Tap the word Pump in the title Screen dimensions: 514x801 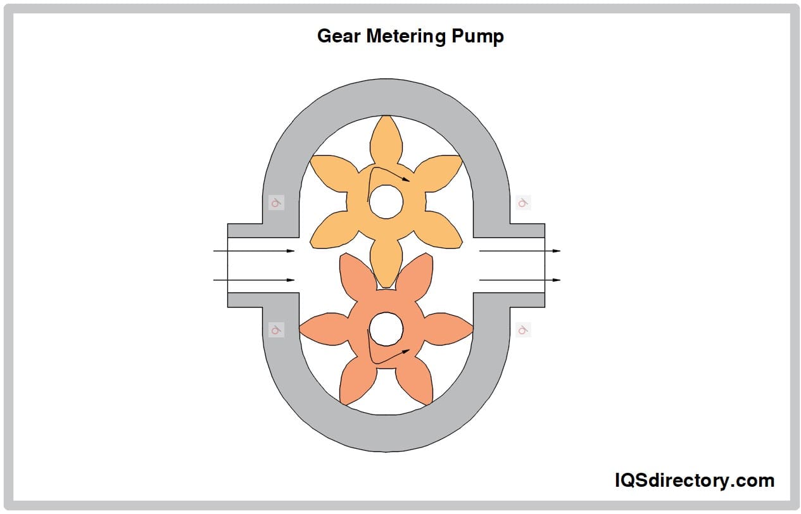click(478, 37)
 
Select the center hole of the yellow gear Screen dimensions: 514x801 click(386, 202)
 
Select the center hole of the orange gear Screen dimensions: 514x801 click(386, 329)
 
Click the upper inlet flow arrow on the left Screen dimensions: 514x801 click(254, 251)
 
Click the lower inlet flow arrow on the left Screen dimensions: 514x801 click(254, 280)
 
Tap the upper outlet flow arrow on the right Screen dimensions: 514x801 click(520, 251)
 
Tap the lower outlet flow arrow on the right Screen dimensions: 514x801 click(520, 280)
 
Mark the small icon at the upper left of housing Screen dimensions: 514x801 click(275, 203)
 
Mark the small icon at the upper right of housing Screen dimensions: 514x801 click(523, 203)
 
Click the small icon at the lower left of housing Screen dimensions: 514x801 click(275, 330)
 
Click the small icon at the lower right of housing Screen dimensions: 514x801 click(523, 330)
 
